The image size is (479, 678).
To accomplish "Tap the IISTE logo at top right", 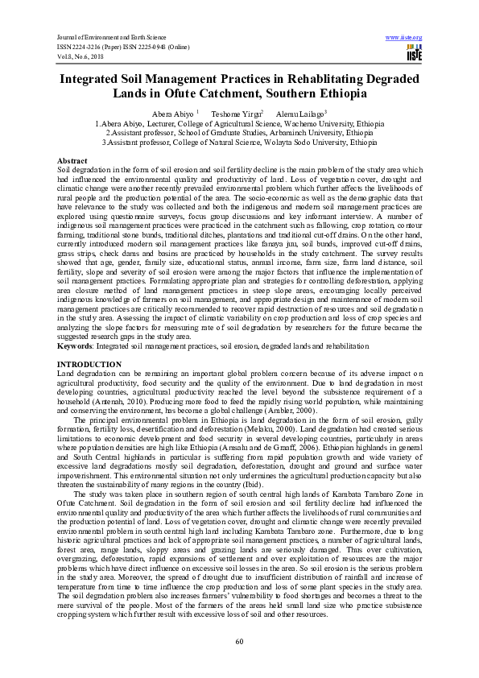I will pyautogui.click(x=415, y=54).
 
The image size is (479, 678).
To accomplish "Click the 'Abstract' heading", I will pyautogui.click(x=72, y=161).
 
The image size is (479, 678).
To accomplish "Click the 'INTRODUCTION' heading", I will pyautogui.click(x=89, y=365).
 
